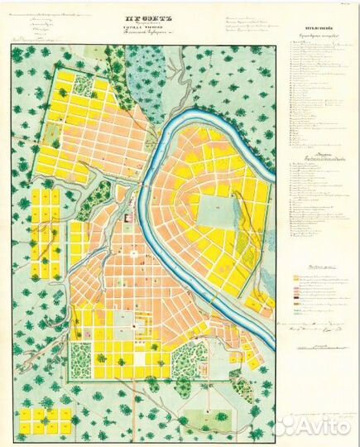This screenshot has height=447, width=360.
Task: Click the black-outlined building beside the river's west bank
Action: click(x=128, y=218)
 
